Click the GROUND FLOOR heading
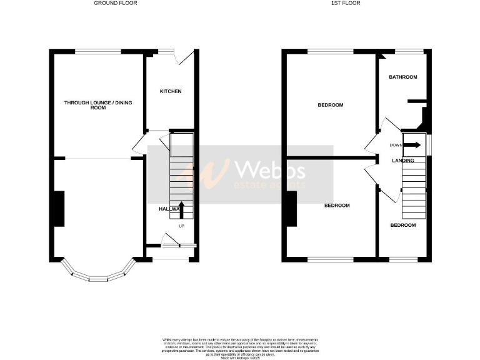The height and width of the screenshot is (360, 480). pyautogui.click(x=116, y=3)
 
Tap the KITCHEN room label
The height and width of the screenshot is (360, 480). pyautogui.click(x=171, y=91)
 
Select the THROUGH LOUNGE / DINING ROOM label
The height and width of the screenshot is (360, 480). pyautogui.click(x=94, y=105)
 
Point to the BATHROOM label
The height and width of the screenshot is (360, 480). pyautogui.click(x=403, y=77)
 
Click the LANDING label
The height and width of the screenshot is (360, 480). pyautogui.click(x=403, y=161)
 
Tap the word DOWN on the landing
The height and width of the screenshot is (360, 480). pyautogui.click(x=396, y=145)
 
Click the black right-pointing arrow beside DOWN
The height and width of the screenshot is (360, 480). pyautogui.click(x=412, y=145)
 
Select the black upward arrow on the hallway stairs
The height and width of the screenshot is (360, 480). pyautogui.click(x=182, y=209)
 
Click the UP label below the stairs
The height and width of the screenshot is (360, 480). pyautogui.click(x=182, y=226)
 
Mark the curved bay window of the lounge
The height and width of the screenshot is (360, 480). pyautogui.click(x=100, y=275)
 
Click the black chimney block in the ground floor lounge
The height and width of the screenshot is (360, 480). pyautogui.click(x=59, y=209)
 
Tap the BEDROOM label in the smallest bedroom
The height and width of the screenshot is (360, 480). pyautogui.click(x=403, y=225)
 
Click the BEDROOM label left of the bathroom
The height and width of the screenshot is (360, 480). pyautogui.click(x=331, y=105)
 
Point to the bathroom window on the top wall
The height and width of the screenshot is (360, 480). pyautogui.click(x=409, y=51)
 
